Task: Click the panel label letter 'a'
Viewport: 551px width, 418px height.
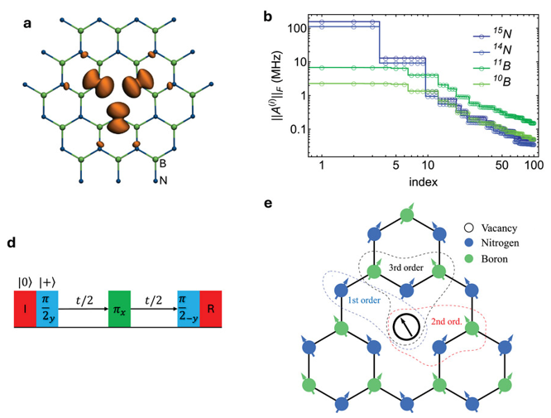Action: coord(27,23)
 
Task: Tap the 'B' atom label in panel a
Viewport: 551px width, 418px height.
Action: coord(163,164)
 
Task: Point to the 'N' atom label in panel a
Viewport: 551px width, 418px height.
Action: coord(164,180)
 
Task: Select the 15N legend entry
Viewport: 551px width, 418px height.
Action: coord(492,34)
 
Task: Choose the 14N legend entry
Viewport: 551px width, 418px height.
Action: coord(492,50)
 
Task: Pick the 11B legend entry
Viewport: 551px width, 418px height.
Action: coord(492,65)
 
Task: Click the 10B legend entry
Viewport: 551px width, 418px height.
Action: coord(492,82)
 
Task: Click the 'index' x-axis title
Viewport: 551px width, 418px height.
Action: coord(423,182)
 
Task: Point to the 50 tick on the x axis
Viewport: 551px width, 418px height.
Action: coord(502,165)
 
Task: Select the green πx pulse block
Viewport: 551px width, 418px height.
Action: coord(119,309)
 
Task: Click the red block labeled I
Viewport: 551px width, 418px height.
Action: coord(25,309)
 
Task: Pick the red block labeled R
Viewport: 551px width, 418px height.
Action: coord(211,309)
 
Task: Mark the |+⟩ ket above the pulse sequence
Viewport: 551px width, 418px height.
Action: coord(47,282)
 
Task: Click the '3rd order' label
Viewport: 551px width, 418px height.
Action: coord(406,267)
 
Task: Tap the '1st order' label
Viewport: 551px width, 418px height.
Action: coord(364,300)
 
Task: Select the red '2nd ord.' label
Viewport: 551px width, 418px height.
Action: coord(446,321)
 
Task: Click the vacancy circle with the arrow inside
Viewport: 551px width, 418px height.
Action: coord(406,327)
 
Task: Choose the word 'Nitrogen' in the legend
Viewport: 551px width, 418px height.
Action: coord(500,243)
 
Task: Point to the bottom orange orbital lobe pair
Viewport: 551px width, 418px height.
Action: coord(119,118)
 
